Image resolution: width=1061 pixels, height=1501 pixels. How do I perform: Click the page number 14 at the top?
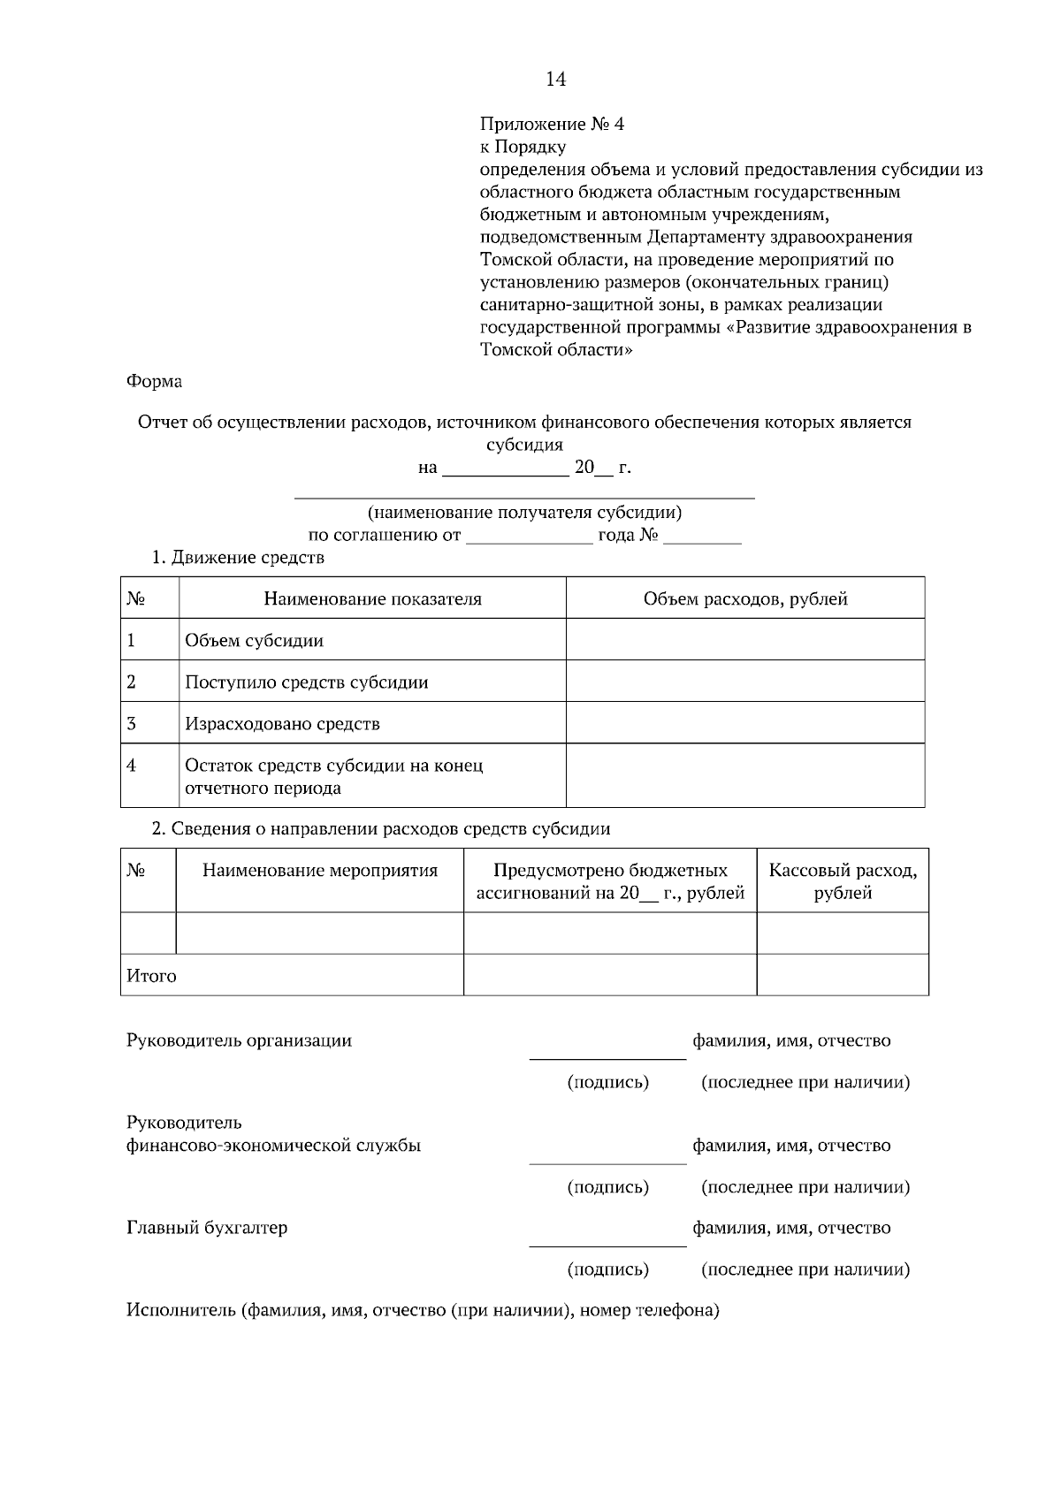click(555, 80)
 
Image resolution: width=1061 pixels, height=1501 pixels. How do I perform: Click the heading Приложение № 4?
click(552, 124)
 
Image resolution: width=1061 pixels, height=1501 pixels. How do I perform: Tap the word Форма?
click(154, 381)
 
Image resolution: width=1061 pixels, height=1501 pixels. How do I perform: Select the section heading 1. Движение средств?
click(238, 558)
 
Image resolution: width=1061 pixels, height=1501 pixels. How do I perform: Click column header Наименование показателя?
click(372, 598)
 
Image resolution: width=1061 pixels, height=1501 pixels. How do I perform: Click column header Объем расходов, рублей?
click(744, 598)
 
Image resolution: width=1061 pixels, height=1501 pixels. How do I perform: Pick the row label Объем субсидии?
click(254, 641)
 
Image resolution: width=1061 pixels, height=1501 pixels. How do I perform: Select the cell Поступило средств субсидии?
click(306, 682)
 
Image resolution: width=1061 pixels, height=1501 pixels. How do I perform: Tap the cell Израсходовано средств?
click(282, 724)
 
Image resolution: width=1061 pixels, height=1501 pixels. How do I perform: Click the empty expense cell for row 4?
click(744, 775)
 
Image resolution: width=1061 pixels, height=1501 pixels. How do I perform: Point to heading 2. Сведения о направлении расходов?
click(381, 829)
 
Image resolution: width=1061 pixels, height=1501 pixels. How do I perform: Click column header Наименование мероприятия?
click(319, 871)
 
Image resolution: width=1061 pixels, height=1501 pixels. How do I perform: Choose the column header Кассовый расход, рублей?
click(842, 881)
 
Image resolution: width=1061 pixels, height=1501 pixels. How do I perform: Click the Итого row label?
click(151, 976)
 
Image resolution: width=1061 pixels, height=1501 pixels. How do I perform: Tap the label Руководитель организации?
click(239, 1040)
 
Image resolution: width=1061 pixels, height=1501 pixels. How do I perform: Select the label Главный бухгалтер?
click(206, 1228)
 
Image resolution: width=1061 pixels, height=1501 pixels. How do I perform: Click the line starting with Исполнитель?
click(422, 1310)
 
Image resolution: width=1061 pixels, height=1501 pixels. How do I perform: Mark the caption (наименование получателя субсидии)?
click(524, 513)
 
